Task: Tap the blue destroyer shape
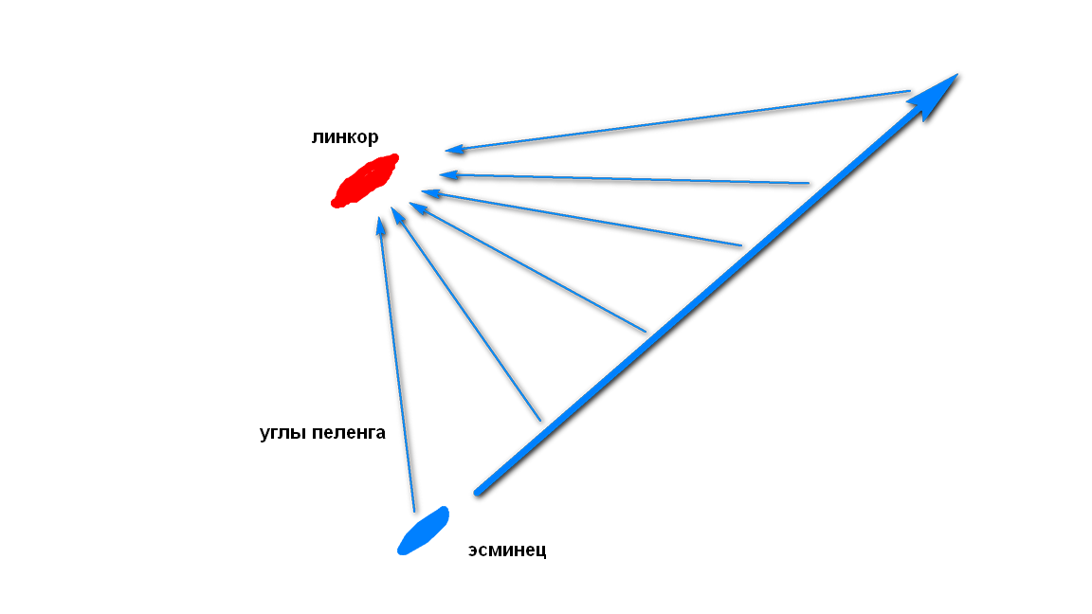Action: click(423, 531)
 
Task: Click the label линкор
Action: click(344, 136)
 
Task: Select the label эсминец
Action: click(507, 550)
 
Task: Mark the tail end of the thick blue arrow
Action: click(479, 491)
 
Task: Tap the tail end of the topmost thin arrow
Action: click(909, 91)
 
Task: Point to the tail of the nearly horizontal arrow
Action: click(809, 183)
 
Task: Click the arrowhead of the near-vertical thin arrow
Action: click(381, 225)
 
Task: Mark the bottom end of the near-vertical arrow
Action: click(414, 511)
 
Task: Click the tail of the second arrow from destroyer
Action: click(540, 420)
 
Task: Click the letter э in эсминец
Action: click(473, 551)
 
